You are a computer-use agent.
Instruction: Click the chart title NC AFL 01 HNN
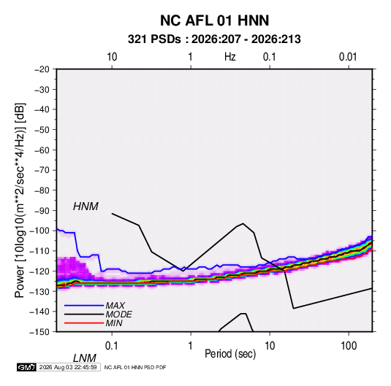(214, 20)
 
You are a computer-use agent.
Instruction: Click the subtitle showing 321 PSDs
(214, 39)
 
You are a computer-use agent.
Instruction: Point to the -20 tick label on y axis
(42, 69)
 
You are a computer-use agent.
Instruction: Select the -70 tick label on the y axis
(42, 170)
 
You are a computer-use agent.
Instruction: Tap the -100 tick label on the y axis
(39, 231)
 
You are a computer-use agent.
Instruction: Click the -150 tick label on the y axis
(39, 332)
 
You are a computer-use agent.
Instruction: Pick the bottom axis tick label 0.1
(112, 346)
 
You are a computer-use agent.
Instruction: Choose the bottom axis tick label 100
(349, 346)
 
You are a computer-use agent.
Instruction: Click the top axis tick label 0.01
(348, 57)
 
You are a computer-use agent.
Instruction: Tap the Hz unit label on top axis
(229, 57)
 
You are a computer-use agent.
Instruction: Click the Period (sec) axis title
(230, 354)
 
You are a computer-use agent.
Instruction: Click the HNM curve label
(86, 206)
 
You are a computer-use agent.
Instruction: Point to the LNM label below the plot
(85, 358)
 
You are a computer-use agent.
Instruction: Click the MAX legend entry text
(115, 306)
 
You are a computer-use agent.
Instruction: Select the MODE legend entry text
(118, 314)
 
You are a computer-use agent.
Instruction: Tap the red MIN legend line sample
(84, 323)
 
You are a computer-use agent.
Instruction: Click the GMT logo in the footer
(26, 367)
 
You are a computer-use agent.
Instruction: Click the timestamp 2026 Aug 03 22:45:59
(68, 367)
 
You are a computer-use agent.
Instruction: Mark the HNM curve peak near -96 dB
(243, 223)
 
